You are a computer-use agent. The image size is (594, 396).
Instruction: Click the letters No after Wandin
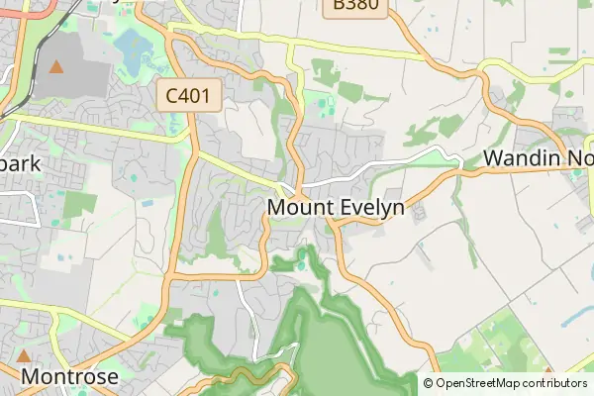tap(578, 158)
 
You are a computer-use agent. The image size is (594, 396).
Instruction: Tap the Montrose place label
tap(69, 377)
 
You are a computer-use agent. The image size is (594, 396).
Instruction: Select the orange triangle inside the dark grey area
tap(56, 67)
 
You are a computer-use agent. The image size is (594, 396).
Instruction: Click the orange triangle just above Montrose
tap(24, 354)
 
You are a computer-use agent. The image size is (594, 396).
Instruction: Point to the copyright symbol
tap(428, 383)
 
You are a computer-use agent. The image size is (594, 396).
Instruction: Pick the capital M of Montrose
tap(31, 377)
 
